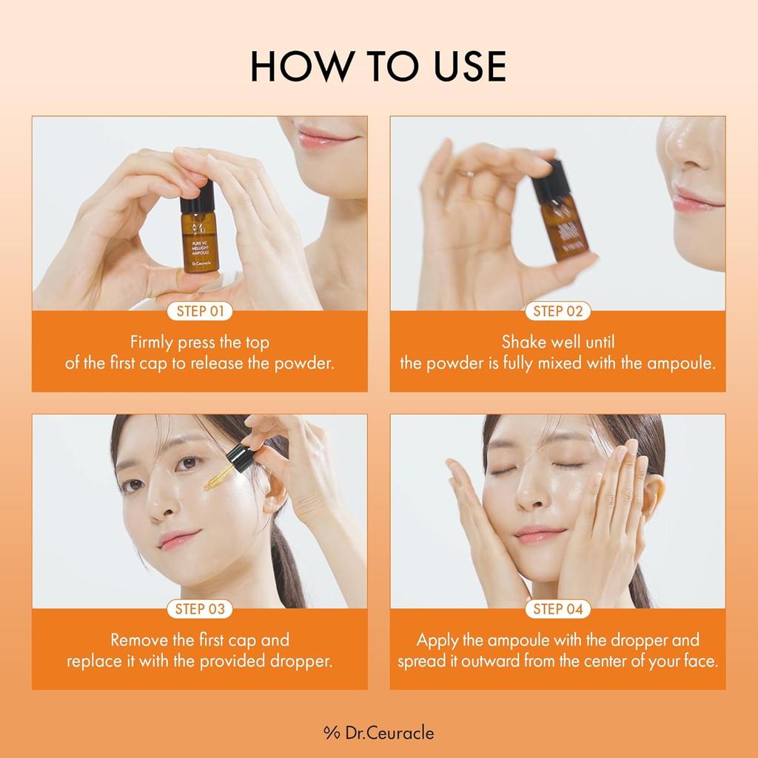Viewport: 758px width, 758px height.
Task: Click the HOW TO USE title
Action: click(378, 66)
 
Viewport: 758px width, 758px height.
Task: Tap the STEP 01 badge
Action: click(200, 312)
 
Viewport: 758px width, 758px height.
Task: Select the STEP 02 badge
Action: click(558, 312)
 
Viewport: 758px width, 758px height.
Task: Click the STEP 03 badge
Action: click(200, 609)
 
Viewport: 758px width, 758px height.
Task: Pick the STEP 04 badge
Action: click(558, 609)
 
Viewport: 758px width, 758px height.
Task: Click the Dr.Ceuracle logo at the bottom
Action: click(378, 733)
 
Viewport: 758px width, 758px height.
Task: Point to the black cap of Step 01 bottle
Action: click(198, 197)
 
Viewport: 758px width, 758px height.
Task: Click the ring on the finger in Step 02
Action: click(466, 175)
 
